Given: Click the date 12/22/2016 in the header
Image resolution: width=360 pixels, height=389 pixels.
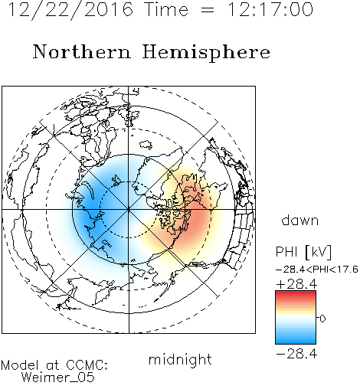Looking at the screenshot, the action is coord(70,10).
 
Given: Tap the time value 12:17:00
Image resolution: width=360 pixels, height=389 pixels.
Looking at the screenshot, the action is coord(270,9).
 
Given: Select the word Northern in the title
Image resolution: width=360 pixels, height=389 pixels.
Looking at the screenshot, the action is coord(82,51).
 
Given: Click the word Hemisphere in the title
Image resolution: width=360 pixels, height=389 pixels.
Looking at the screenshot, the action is coord(206,53).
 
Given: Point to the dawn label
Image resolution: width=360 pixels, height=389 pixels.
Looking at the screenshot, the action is coord(300,221).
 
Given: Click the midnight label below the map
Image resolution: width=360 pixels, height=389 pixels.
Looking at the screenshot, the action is coord(180,359).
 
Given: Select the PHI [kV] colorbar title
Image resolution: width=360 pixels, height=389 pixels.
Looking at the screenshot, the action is coord(303,252).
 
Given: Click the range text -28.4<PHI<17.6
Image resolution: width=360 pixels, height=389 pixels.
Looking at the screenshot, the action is coord(317,270).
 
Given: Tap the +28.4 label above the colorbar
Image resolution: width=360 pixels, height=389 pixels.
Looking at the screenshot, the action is coord(296,284).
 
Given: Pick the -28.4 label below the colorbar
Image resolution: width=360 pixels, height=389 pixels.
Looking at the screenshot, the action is coord(296,354).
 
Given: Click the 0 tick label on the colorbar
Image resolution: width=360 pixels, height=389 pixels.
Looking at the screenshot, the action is coord(322,319).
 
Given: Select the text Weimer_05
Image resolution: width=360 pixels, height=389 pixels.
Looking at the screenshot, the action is coord(58,377).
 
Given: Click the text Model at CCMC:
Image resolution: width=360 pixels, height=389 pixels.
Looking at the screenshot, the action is coord(54,364).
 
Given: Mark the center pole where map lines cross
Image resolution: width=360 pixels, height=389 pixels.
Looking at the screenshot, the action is coord(129,210).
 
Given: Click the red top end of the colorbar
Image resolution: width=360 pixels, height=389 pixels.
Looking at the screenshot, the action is coord(296,293).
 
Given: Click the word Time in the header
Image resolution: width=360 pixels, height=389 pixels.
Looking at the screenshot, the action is coord(166,9).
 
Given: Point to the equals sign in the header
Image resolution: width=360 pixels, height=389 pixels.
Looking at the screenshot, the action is coord(208,10).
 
